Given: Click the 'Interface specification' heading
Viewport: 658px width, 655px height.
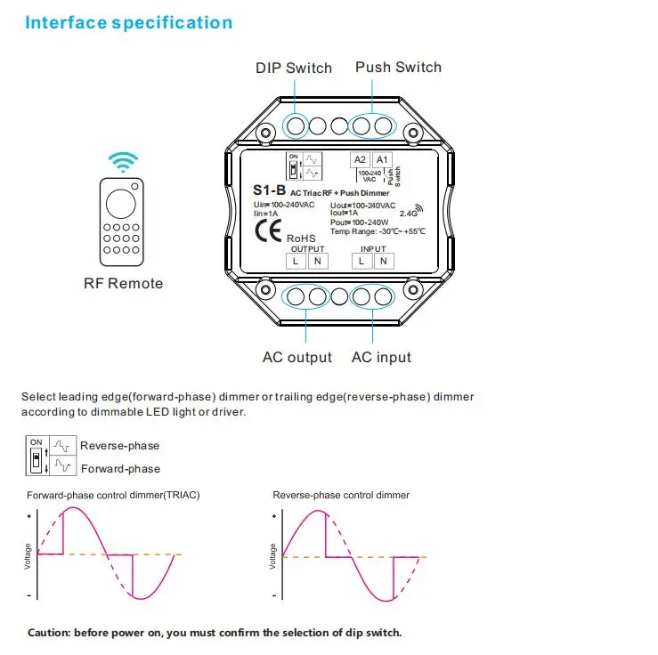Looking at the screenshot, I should pyautogui.click(x=129, y=23).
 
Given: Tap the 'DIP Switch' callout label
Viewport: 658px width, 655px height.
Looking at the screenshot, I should pyautogui.click(x=293, y=68).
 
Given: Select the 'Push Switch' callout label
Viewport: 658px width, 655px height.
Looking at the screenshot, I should pyautogui.click(x=398, y=67).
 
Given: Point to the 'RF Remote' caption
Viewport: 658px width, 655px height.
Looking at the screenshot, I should pyautogui.click(x=123, y=283).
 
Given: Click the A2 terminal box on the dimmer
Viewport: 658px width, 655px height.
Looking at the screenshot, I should pyautogui.click(x=361, y=160).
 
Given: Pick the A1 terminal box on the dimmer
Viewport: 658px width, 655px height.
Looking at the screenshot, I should pyautogui.click(x=382, y=160).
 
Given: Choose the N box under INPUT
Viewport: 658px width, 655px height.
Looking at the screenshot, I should pyautogui.click(x=383, y=261).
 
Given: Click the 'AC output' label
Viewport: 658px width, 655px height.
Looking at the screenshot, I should pyautogui.click(x=297, y=357).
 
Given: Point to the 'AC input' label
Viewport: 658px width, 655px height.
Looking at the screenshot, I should pyautogui.click(x=381, y=357).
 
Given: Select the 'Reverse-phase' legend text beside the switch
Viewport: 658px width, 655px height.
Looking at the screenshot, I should pyautogui.click(x=120, y=445).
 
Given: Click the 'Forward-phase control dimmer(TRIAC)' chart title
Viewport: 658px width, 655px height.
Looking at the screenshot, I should pyautogui.click(x=113, y=495).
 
